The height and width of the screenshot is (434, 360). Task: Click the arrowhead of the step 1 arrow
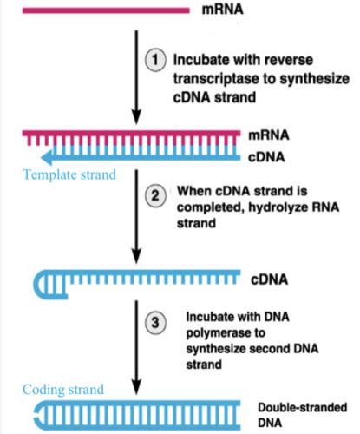point(136,119)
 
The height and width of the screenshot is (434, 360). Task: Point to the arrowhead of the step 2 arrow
point(136,258)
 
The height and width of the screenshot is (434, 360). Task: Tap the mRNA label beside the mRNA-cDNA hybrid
point(272,136)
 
